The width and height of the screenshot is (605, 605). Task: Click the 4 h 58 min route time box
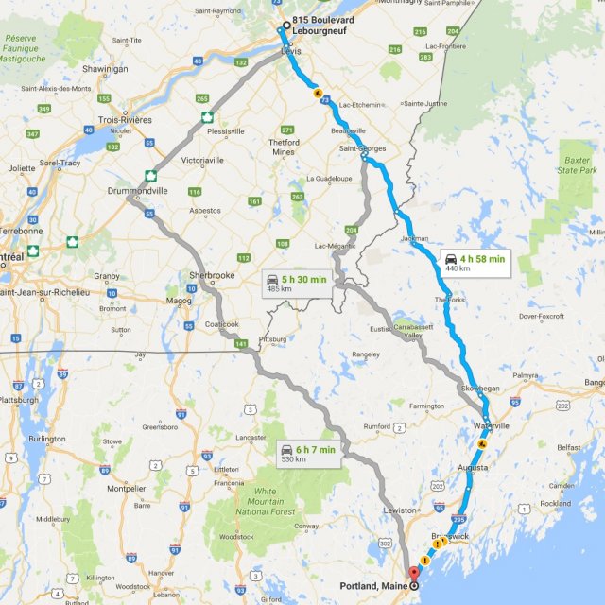(x=475, y=262)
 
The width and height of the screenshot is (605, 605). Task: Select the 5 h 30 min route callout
(x=297, y=283)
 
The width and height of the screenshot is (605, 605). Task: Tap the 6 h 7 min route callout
(x=308, y=454)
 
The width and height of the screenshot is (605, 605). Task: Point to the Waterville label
(x=511, y=425)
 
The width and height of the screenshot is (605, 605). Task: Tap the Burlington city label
(x=47, y=439)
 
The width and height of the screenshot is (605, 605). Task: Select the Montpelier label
(x=125, y=489)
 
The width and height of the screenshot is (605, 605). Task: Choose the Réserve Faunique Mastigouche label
(x=22, y=48)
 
